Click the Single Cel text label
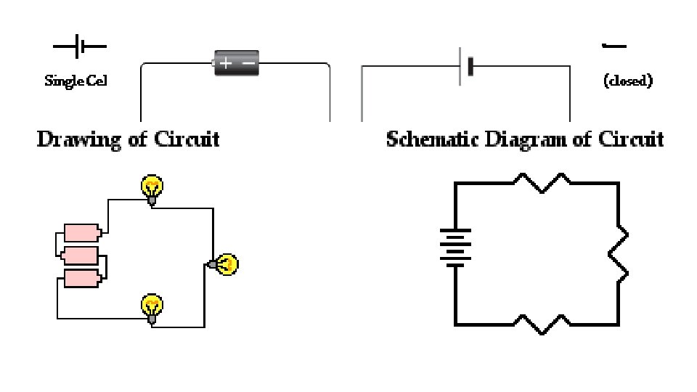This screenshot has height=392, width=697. (x=76, y=81)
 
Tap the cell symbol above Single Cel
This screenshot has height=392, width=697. (x=80, y=48)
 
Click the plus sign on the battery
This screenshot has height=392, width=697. (x=226, y=63)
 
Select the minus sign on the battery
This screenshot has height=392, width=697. (x=248, y=63)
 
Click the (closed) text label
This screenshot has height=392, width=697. (x=628, y=81)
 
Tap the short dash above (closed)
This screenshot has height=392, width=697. (x=614, y=47)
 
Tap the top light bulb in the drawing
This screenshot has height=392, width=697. (x=152, y=189)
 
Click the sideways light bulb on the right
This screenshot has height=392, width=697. (x=224, y=264)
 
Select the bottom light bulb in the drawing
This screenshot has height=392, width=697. (x=152, y=307)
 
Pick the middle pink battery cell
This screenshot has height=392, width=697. (x=81, y=255)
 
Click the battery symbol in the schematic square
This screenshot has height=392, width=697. (x=455, y=247)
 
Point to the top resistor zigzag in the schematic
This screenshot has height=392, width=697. (x=542, y=182)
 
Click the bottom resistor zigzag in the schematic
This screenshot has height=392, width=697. (x=542, y=324)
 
